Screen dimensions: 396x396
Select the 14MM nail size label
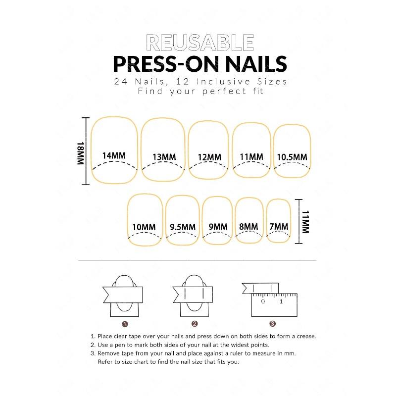tap(113, 155)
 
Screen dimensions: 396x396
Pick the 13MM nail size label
tap(164, 157)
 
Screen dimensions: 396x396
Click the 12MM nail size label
tap(209, 157)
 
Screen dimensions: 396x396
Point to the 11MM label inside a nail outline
tap(251, 157)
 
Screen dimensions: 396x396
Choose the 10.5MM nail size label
tap(292, 157)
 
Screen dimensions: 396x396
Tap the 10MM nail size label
tap(144, 227)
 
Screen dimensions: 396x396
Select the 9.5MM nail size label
tap(182, 227)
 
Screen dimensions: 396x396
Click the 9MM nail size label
tap(218, 227)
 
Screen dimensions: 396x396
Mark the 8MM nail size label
tap(248, 227)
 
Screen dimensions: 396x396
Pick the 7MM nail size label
tap(278, 227)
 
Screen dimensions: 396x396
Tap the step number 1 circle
tap(125, 324)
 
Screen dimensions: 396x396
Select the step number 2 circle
tap(195, 324)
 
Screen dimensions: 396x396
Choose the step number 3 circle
tap(272, 324)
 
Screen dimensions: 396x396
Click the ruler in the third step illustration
tap(273, 304)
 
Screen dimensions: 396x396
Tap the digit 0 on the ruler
tap(263, 301)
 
